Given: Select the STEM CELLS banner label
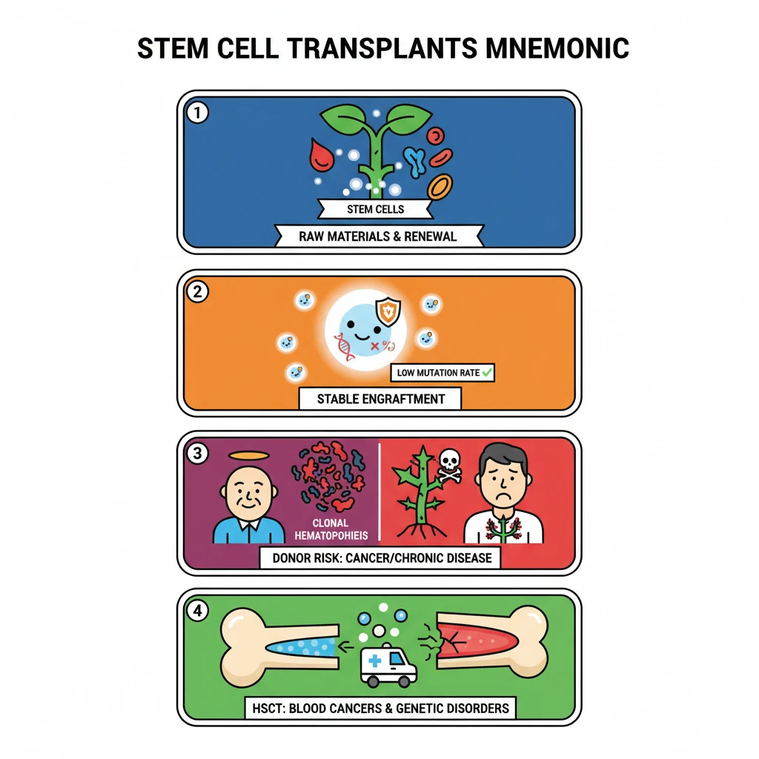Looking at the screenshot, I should [376, 209].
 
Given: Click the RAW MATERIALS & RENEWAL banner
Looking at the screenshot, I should [379, 236].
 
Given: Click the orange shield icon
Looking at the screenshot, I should [387, 311].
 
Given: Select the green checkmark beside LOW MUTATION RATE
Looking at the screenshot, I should [487, 372].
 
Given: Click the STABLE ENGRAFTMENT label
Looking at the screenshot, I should [381, 399].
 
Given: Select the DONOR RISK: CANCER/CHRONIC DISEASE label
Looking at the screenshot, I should [380, 558].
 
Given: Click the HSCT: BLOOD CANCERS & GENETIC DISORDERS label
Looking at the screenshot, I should [379, 708].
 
